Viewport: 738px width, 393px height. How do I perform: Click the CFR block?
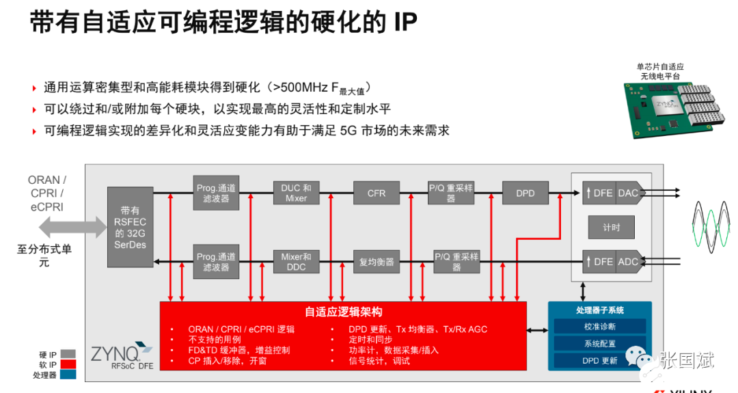coord(377,193)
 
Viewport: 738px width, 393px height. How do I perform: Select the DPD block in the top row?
coord(525,193)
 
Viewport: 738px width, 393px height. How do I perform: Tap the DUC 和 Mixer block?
coord(296,193)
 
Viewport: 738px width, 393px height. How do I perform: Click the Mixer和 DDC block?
coord(296,262)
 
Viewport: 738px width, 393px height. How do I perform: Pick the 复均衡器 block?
coord(377,262)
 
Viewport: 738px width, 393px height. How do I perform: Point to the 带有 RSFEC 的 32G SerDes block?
coord(130,227)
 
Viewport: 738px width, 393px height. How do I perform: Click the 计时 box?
coord(612,227)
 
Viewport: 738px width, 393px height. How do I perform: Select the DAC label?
coord(629,193)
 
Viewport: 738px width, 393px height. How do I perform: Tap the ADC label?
coord(629,261)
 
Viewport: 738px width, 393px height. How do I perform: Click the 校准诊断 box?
coord(599,326)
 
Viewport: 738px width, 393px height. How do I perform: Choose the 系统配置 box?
coord(599,343)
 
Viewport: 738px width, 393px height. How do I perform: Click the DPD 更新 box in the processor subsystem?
coord(599,360)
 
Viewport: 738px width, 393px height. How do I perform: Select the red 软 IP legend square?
coord(67,365)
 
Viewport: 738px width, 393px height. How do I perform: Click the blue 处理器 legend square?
coord(67,375)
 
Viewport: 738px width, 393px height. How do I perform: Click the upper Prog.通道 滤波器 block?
coord(216,193)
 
